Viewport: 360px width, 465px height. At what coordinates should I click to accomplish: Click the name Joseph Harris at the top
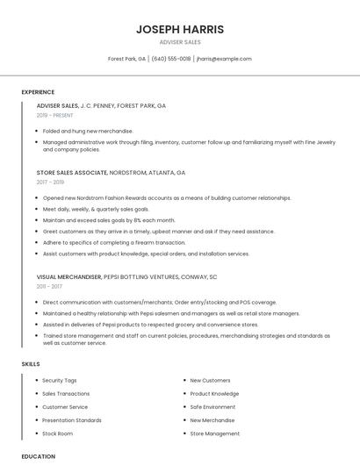[x=180, y=29]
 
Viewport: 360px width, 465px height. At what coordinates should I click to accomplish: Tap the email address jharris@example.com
[x=224, y=59]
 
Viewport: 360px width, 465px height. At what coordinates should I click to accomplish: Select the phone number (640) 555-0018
[x=170, y=59]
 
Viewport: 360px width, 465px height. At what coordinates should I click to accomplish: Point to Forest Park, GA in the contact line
[x=126, y=59]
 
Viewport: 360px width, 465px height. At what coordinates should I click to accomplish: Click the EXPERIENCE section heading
[x=38, y=92]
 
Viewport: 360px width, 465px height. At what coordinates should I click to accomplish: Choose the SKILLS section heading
[x=31, y=364]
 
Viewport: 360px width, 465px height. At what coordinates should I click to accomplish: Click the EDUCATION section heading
[x=38, y=456]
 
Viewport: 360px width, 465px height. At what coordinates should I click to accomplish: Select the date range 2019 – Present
[x=55, y=115]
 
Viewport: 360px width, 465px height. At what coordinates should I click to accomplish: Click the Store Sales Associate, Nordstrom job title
[x=111, y=173]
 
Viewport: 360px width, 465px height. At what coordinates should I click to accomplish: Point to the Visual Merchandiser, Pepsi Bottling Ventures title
[x=126, y=276]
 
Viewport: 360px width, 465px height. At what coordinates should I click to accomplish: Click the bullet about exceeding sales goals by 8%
[x=109, y=220]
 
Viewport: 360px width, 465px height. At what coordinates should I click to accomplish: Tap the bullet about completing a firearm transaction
[x=114, y=242]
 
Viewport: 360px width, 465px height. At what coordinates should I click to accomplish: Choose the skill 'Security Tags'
[x=60, y=381]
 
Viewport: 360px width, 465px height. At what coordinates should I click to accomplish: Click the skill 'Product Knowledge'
[x=214, y=394]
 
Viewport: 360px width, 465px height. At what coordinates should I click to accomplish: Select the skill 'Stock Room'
[x=58, y=433]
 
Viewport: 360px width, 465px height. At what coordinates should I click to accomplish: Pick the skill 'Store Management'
[x=215, y=433]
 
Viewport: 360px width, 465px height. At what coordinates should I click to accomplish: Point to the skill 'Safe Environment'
[x=212, y=407]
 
